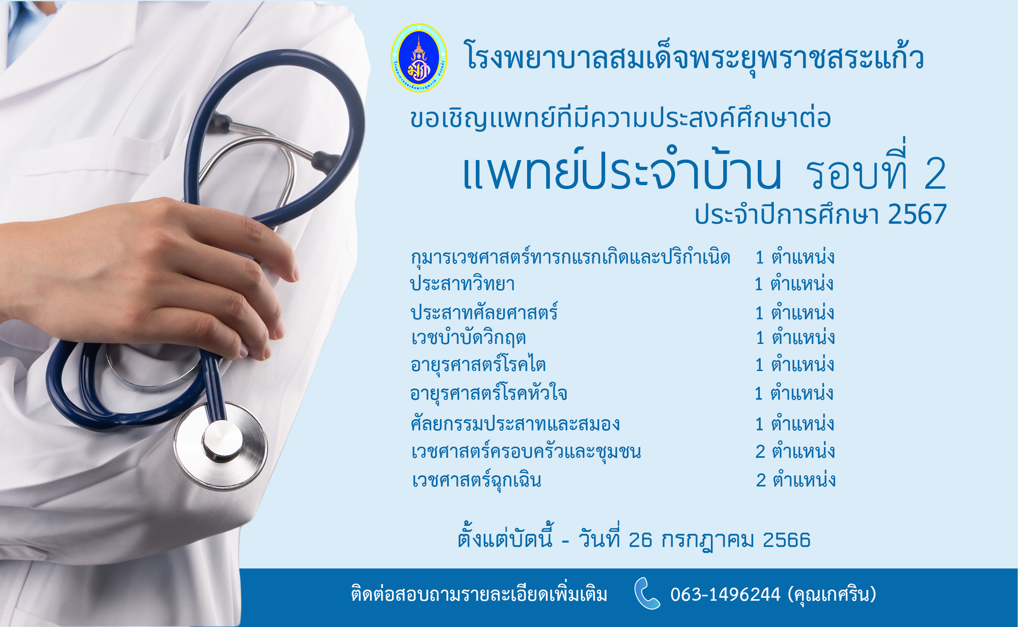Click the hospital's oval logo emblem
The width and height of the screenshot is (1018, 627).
point(419,58)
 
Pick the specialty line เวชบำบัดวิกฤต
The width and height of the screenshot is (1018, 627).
point(468,338)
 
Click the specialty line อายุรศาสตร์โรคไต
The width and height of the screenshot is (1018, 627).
point(478,365)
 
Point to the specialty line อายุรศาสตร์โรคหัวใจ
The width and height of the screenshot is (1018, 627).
point(489,392)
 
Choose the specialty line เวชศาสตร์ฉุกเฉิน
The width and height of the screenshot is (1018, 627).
point(477,480)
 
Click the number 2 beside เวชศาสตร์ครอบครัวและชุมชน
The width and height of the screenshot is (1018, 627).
point(760,451)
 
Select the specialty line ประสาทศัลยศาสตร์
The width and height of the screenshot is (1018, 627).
point(484,311)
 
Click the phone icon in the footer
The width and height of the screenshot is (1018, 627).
point(647,594)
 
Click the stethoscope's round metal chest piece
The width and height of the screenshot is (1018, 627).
point(221,444)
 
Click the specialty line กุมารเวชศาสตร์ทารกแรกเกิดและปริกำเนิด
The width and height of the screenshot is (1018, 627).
point(570,257)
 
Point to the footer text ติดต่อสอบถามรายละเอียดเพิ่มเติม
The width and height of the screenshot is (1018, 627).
point(479,594)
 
